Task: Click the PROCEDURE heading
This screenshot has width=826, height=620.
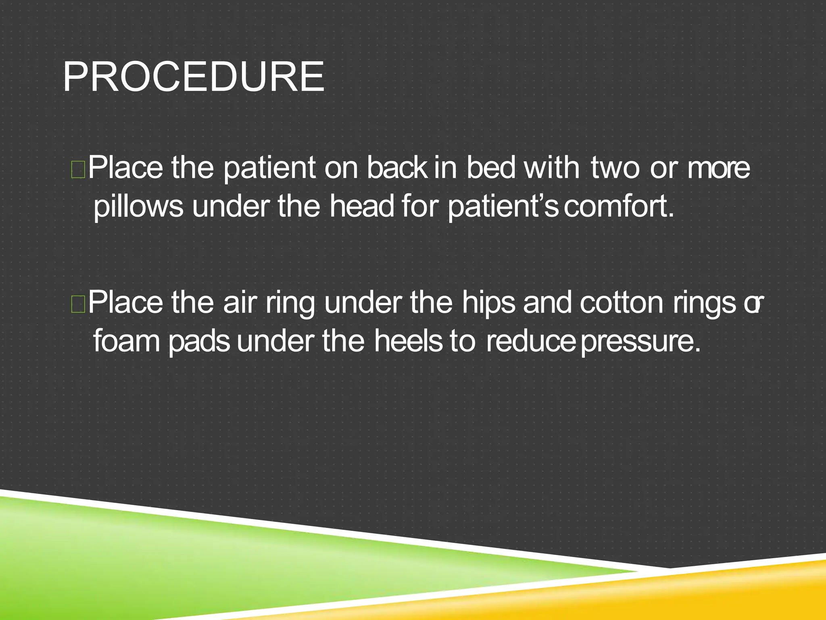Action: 194,77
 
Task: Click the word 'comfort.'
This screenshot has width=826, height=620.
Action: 619,207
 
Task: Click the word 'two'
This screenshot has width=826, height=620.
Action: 615,169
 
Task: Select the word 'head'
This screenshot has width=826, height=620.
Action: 362,207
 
